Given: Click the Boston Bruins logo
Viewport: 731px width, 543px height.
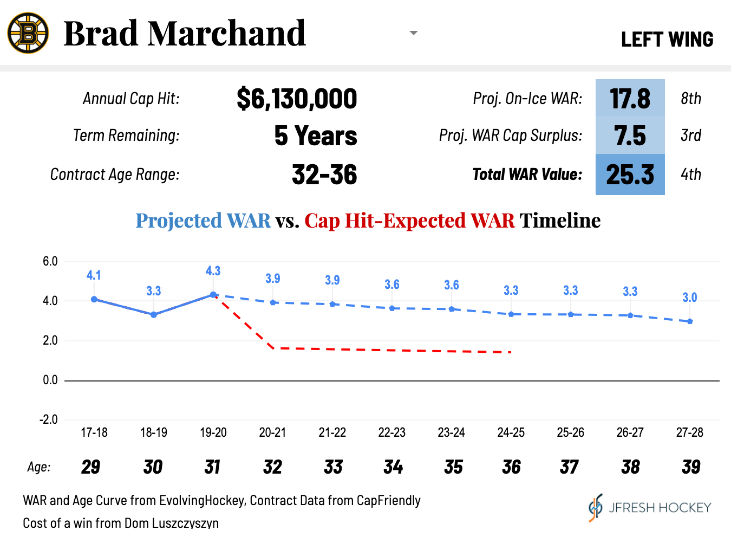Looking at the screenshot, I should (x=28, y=33).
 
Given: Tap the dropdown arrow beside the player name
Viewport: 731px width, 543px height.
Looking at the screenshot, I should (x=414, y=33).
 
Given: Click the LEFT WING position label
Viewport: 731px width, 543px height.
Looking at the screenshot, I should (x=667, y=40).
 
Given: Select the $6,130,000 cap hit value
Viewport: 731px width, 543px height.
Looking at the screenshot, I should (x=297, y=99).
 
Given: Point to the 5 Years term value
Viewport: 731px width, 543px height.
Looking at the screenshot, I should (x=316, y=135).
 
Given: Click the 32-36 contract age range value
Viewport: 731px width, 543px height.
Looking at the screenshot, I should (x=324, y=174).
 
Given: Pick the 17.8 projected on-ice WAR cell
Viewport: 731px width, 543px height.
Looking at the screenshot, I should (x=630, y=99).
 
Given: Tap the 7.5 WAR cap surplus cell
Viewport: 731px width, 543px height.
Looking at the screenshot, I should (x=630, y=135).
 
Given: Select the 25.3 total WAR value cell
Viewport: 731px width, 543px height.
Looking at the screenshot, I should (x=630, y=174).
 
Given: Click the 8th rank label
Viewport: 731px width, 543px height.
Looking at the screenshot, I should (x=691, y=99).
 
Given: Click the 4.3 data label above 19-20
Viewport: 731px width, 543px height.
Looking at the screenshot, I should (x=213, y=271).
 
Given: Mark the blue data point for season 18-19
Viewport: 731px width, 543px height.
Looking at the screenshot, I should (x=154, y=314).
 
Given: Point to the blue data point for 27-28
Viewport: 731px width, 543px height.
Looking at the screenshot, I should (x=690, y=321).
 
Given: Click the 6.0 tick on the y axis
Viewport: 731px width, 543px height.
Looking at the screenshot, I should (x=50, y=261).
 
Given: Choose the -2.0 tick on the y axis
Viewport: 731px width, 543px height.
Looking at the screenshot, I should (x=49, y=419).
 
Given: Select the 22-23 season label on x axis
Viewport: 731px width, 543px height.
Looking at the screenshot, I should (x=392, y=432).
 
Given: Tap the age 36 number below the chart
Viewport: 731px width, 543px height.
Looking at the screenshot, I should (x=511, y=467).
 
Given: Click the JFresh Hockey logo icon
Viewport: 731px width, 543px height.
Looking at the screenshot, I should (x=595, y=508).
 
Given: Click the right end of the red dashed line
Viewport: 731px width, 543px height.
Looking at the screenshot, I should (x=510, y=352).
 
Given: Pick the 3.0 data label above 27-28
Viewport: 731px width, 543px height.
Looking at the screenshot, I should (x=689, y=298).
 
